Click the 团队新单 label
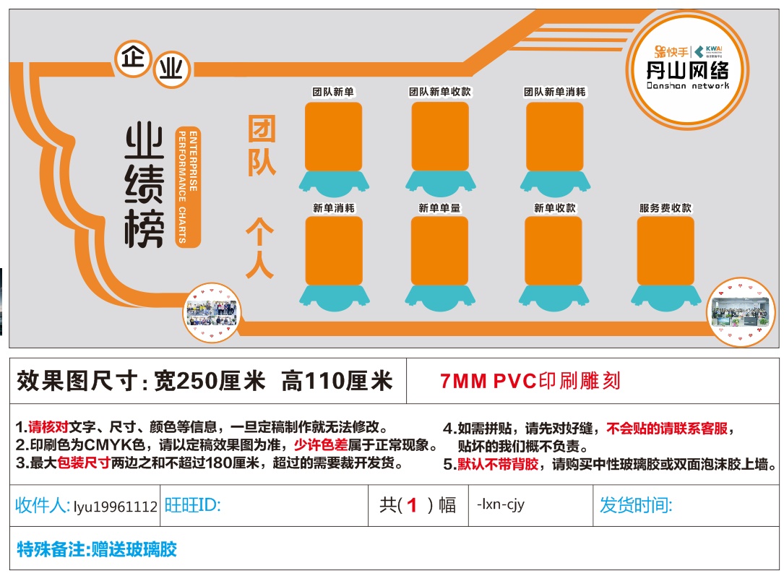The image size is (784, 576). click(333, 92)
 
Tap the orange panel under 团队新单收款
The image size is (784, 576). click(440, 136)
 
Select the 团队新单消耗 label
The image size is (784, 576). click(554, 92)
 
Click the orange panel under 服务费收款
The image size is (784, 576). click(665, 250)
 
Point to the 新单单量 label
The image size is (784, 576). click(439, 208)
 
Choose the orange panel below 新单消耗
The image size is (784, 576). click(333, 250)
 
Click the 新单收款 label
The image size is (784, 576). click(554, 208)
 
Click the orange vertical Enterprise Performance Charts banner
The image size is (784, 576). click(188, 187)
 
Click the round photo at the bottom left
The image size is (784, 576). click(212, 312)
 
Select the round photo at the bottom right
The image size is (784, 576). click(738, 314)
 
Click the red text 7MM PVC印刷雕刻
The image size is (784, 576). click(530, 381)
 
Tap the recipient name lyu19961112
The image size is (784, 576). click(116, 507)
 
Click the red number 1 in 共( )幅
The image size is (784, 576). click(413, 505)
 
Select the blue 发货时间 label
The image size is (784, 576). click(635, 505)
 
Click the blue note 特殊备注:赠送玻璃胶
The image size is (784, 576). click(97, 549)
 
